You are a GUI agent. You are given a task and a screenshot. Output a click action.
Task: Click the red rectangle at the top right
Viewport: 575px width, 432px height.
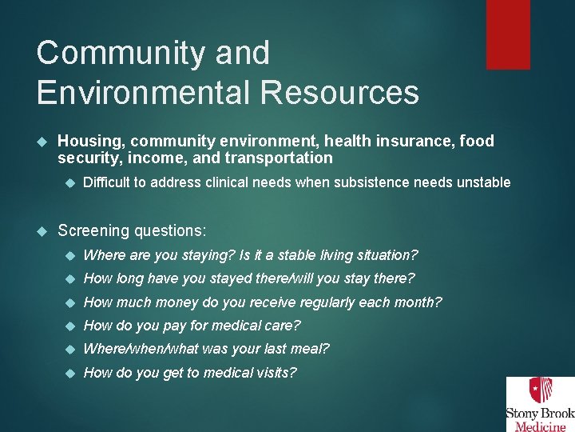pyautogui.click(x=509, y=34)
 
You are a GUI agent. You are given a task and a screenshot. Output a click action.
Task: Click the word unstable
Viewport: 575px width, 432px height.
pyautogui.click(x=483, y=182)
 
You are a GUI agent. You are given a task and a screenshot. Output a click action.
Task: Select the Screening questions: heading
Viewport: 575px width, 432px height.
pyautogui.click(x=132, y=230)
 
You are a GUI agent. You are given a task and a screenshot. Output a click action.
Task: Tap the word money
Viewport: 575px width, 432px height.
pyautogui.click(x=200, y=302)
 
